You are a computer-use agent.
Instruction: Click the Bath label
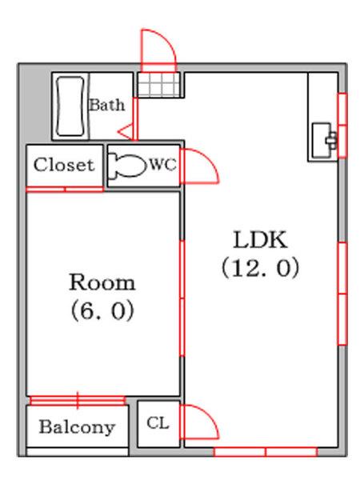(x=107, y=106)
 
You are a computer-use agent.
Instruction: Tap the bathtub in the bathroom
(x=70, y=106)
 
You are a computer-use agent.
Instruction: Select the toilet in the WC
(x=127, y=166)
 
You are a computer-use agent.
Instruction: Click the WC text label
(x=162, y=165)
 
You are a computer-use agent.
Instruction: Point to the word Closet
(x=63, y=165)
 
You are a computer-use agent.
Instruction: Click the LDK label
(x=260, y=240)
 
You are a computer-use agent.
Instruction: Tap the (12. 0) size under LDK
(x=260, y=268)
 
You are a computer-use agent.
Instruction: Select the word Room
(x=102, y=282)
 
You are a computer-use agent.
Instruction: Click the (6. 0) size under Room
(x=102, y=310)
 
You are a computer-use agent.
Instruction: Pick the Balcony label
(x=77, y=427)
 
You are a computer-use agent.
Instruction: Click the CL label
(x=158, y=423)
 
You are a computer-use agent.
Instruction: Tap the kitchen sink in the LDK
(x=324, y=141)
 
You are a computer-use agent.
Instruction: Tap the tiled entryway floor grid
(x=158, y=85)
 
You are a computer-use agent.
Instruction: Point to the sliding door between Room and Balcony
(x=78, y=401)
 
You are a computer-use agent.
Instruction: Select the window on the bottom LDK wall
(x=266, y=452)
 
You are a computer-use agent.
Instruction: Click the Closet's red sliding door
(x=65, y=190)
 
